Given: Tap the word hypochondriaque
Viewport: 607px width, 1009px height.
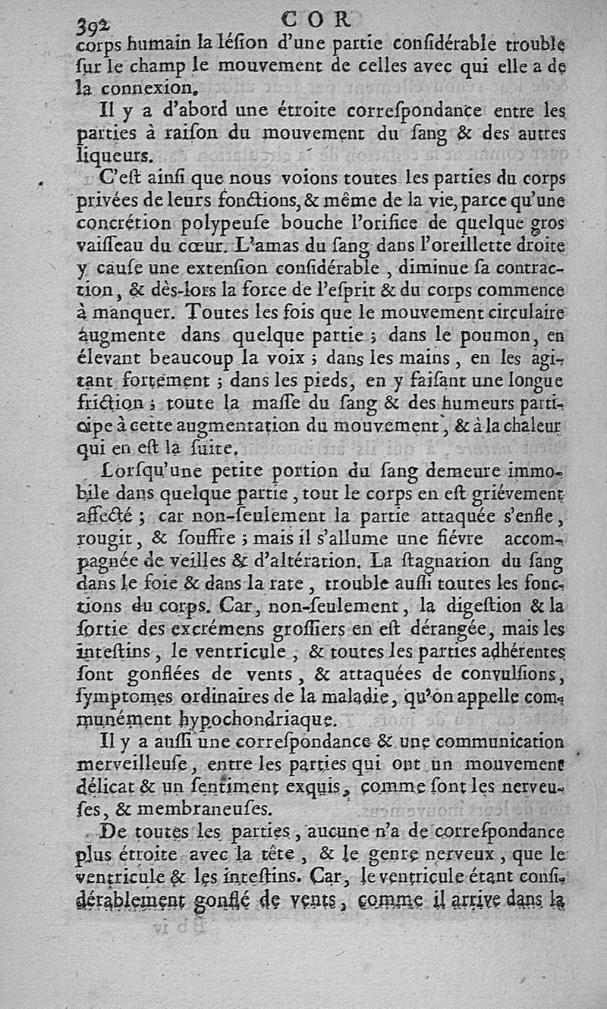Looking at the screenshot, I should coord(256,716).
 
